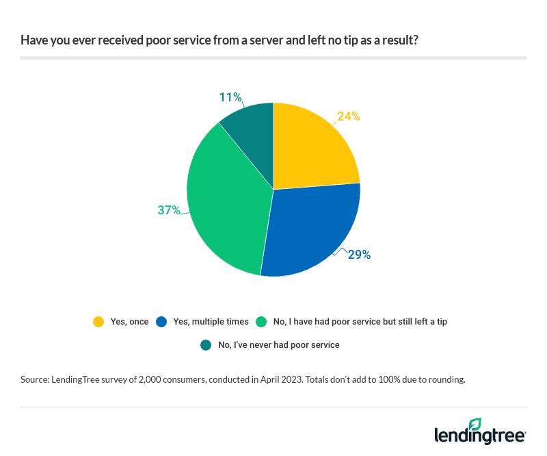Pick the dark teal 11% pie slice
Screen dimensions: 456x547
tap(250, 134)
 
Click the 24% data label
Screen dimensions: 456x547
tap(349, 116)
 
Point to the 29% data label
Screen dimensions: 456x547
tap(359, 255)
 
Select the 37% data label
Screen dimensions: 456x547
tap(169, 210)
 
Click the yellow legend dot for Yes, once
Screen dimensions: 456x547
tap(99, 321)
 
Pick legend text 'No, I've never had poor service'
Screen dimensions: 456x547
tap(279, 345)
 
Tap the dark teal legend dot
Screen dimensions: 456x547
tap(206, 345)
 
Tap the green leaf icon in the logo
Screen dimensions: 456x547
tap(475, 425)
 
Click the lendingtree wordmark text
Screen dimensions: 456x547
tap(479, 436)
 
